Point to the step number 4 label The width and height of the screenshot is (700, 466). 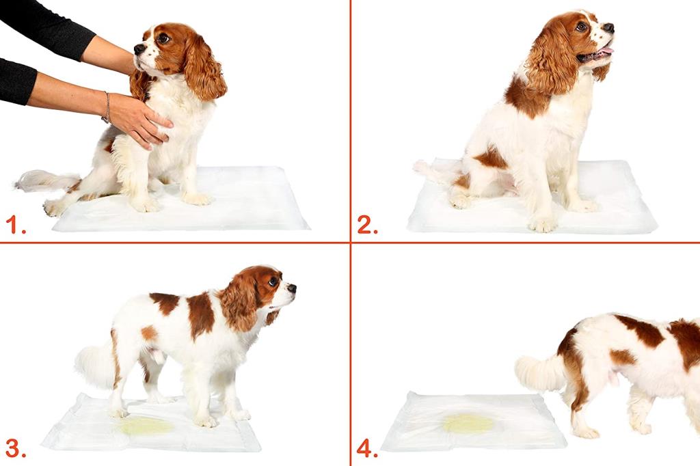point(367,448)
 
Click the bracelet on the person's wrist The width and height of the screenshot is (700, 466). point(107,107)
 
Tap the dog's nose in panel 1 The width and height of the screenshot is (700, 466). point(139,49)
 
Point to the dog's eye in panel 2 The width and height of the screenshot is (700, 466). point(582,27)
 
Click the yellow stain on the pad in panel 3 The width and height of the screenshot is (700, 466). point(145,426)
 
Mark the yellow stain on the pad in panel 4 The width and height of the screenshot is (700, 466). point(468,424)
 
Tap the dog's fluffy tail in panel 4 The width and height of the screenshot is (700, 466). point(540,372)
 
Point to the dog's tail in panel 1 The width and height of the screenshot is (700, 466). point(41,181)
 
